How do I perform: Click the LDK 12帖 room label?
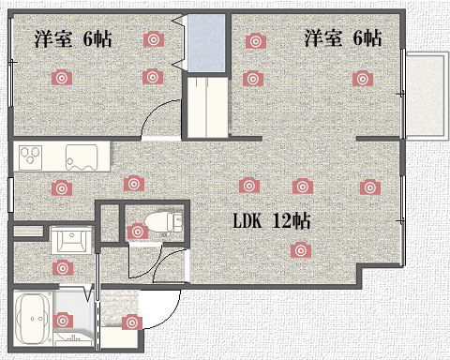pos(272,221)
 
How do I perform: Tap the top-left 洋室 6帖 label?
pos(73,39)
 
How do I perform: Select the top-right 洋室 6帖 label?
pos(343,38)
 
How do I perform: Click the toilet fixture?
pos(163,221)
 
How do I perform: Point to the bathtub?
pos(34,319)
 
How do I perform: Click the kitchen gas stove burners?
pos(30,157)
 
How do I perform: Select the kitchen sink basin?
pos(82,157)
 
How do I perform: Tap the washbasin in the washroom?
pos(71,239)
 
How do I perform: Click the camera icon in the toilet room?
pos(138,232)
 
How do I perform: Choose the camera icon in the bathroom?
pos(63,321)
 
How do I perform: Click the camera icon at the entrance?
pos(132,322)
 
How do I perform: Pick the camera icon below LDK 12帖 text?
pos(301,250)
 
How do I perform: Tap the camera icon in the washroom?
pos(63,268)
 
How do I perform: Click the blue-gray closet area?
pos(206,43)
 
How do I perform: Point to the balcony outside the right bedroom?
pos(426,94)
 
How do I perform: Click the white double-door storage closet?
pos(207,107)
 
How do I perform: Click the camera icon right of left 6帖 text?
pos(154,39)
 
